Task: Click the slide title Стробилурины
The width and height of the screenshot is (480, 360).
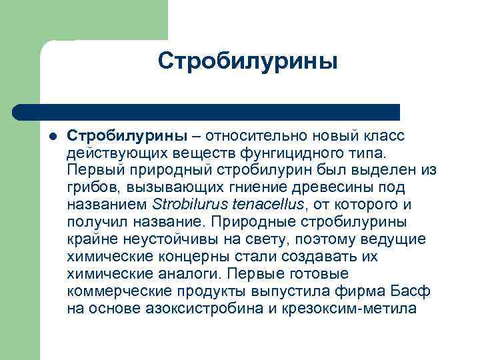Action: coord(248,61)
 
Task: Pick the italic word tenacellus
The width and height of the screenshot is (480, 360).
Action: coord(265,205)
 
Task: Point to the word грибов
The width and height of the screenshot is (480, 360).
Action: coord(89,188)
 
